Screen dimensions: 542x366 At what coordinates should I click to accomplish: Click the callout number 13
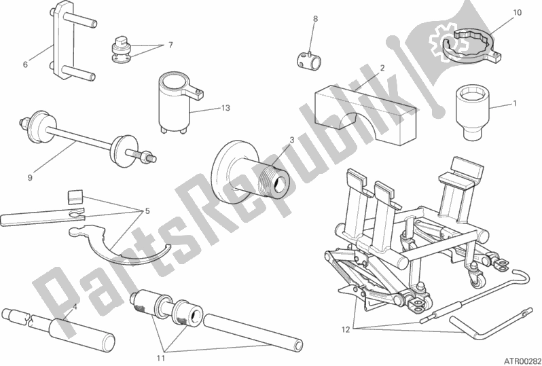pyautogui.click(x=225, y=108)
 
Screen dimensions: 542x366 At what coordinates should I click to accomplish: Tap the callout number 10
pyautogui.click(x=517, y=13)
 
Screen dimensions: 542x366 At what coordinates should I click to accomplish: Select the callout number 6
pyautogui.click(x=25, y=65)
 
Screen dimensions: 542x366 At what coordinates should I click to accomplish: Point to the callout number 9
pyautogui.click(x=30, y=178)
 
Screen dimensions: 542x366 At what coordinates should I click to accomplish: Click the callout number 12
pyautogui.click(x=346, y=330)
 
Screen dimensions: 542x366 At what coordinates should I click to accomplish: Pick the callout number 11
pyautogui.click(x=161, y=358)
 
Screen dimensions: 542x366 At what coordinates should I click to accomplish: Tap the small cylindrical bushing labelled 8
pyautogui.click(x=308, y=59)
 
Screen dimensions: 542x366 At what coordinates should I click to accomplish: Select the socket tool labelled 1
pyautogui.click(x=472, y=112)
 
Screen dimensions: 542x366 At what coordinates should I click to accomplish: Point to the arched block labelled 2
pyautogui.click(x=366, y=113)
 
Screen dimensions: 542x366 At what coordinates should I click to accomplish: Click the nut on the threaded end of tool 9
pyautogui.click(x=145, y=157)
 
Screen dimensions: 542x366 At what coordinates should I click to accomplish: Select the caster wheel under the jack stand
pyautogui.click(x=476, y=280)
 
